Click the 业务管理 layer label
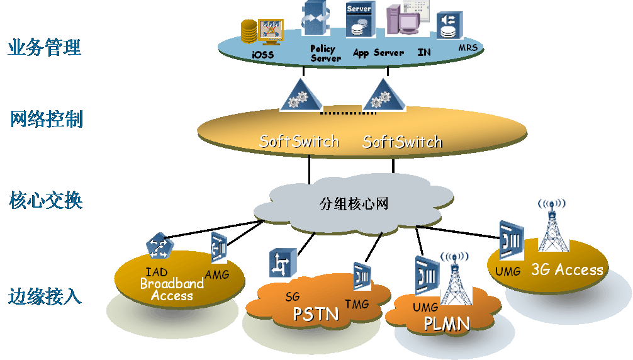point(45,47)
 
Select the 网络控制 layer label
point(47,119)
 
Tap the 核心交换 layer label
point(46,201)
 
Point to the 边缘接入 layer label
point(45,296)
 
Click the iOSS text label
point(263,55)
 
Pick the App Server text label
point(378,53)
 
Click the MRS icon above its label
point(450,24)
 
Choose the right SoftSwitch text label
point(402,142)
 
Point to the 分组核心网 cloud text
point(354,203)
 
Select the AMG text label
point(217,274)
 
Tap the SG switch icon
point(283,263)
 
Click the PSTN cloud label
point(316,313)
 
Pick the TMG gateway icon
point(362,276)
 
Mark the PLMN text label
point(447,323)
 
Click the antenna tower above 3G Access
point(553,223)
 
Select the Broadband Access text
point(172,290)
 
